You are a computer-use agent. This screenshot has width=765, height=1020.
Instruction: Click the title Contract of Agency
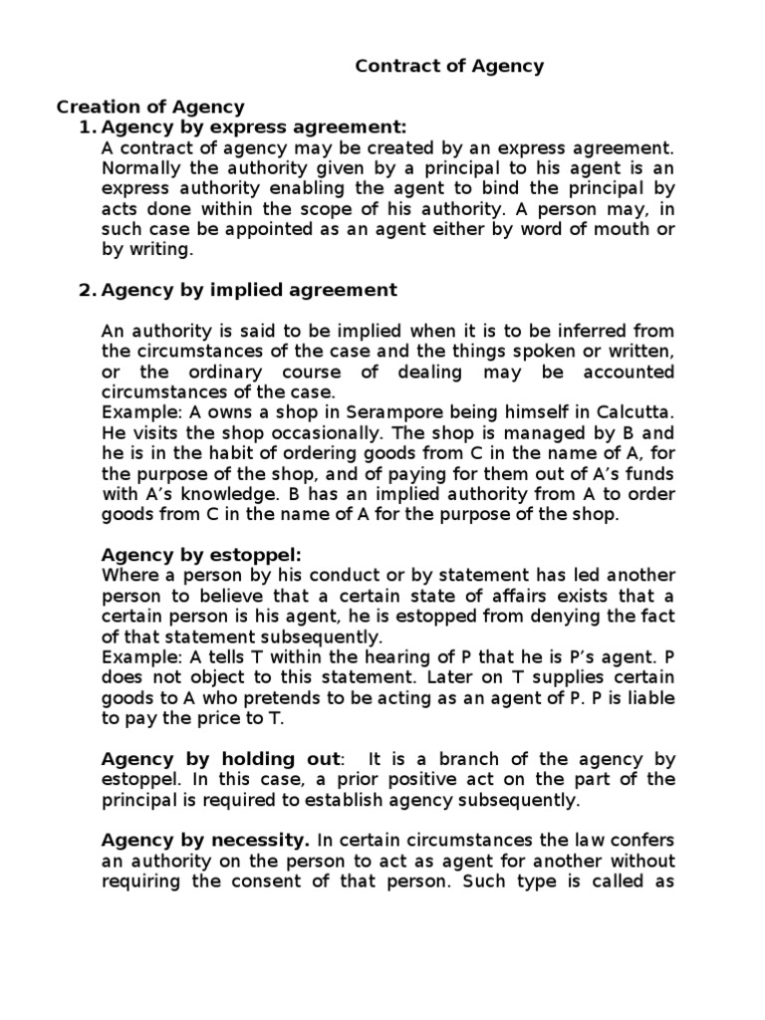pos(450,67)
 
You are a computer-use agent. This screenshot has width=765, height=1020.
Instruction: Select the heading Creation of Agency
pos(150,108)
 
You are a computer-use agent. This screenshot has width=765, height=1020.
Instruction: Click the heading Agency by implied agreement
pos(249,290)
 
